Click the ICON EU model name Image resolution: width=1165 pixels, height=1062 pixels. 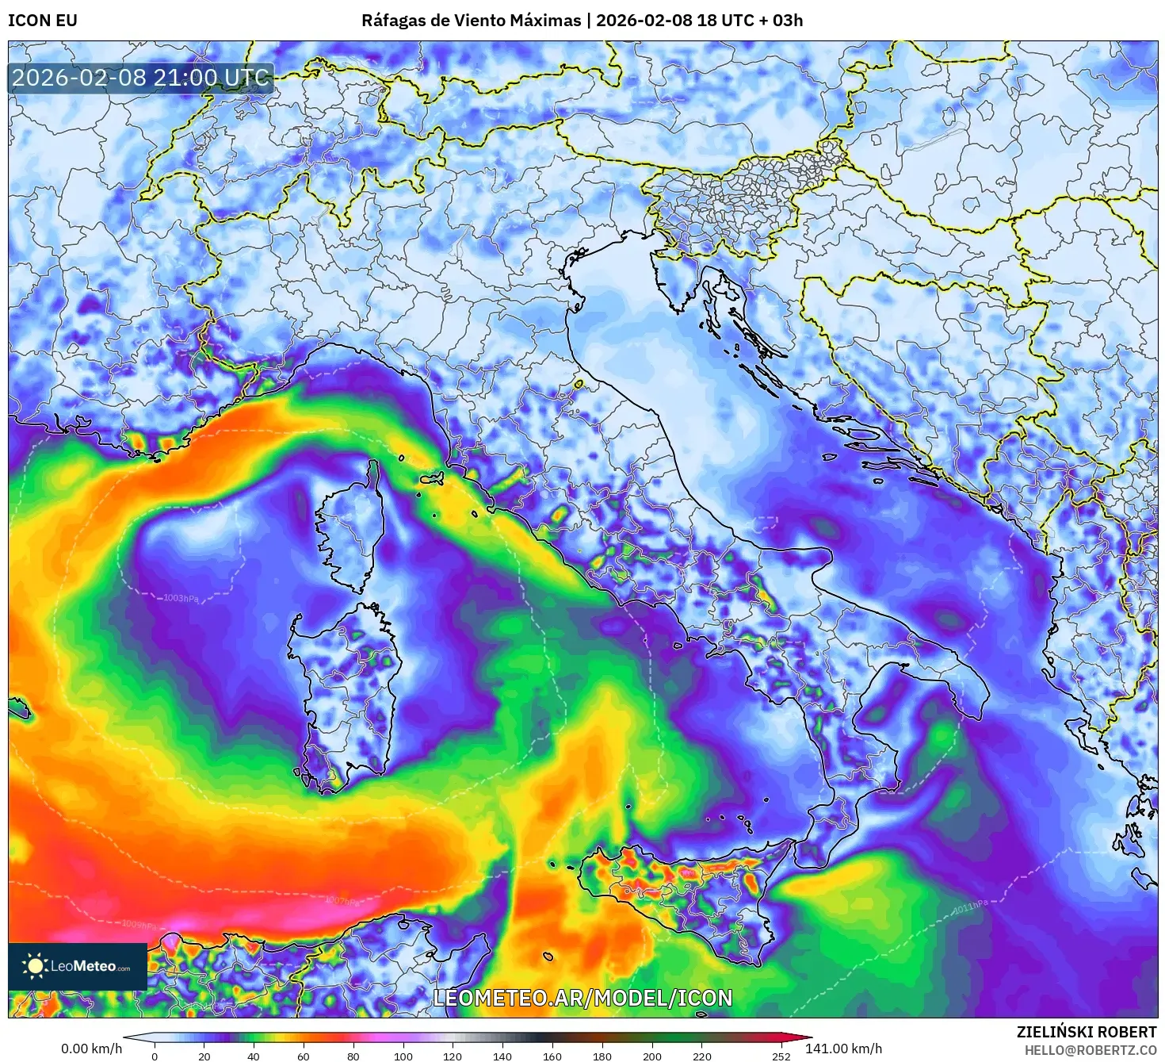coord(43,21)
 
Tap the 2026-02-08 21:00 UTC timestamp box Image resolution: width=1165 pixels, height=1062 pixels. coord(141,78)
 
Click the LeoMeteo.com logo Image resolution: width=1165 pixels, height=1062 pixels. coord(78,966)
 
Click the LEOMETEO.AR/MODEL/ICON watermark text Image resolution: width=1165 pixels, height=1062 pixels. coord(582,998)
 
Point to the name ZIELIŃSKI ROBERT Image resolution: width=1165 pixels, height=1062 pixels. coord(1087,1032)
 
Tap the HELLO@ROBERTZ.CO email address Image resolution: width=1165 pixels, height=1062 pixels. coord(1090,1049)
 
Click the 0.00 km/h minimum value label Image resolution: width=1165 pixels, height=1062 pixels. coord(91,1049)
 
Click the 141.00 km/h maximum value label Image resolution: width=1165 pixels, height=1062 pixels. coord(843,1049)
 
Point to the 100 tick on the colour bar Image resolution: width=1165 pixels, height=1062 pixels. coord(403,1056)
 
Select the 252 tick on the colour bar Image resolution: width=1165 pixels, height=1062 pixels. coord(781,1056)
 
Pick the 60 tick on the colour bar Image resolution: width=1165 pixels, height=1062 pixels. coord(304,1056)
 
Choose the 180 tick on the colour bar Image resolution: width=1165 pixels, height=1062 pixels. coord(602,1056)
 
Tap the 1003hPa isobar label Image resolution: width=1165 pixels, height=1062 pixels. coord(181,598)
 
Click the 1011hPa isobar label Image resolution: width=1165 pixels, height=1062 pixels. coord(970,907)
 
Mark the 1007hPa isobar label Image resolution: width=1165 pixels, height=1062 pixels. coord(342,901)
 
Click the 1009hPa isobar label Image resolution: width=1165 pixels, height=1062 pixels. coord(139,924)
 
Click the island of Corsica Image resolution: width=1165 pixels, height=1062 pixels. coord(349,531)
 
